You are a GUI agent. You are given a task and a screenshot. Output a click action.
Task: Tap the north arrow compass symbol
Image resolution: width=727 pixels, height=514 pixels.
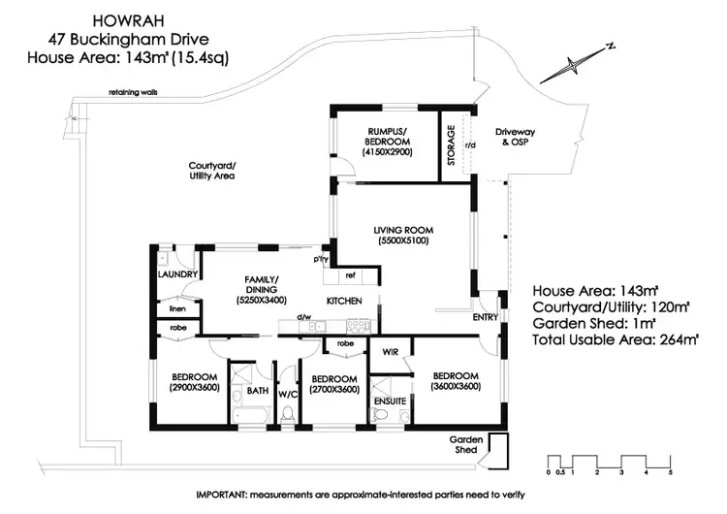[573, 64]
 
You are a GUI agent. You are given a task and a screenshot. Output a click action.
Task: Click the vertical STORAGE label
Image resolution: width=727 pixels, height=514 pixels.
[451, 145]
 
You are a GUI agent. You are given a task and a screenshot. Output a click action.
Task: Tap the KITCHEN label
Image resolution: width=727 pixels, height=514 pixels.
[344, 301]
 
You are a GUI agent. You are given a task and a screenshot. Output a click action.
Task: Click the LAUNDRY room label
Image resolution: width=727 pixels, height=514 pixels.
[178, 274]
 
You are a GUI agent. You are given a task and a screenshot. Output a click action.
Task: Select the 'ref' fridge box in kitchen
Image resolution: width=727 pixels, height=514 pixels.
[350, 274]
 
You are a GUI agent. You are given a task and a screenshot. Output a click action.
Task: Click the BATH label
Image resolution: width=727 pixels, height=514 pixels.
[257, 391]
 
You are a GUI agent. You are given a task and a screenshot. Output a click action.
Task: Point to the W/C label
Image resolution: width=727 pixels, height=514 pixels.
[288, 395]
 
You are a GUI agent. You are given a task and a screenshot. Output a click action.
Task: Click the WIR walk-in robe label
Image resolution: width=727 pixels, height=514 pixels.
[391, 351]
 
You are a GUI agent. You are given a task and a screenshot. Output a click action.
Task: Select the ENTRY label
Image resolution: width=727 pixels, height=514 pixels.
[485, 317]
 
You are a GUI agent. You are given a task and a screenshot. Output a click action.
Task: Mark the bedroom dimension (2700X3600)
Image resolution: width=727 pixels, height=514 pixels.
[334, 389]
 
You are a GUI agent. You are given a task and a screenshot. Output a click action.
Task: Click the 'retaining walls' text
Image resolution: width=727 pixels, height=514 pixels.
[134, 94]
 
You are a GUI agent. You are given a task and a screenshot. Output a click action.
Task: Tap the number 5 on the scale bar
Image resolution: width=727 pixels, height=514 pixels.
[670, 471]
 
